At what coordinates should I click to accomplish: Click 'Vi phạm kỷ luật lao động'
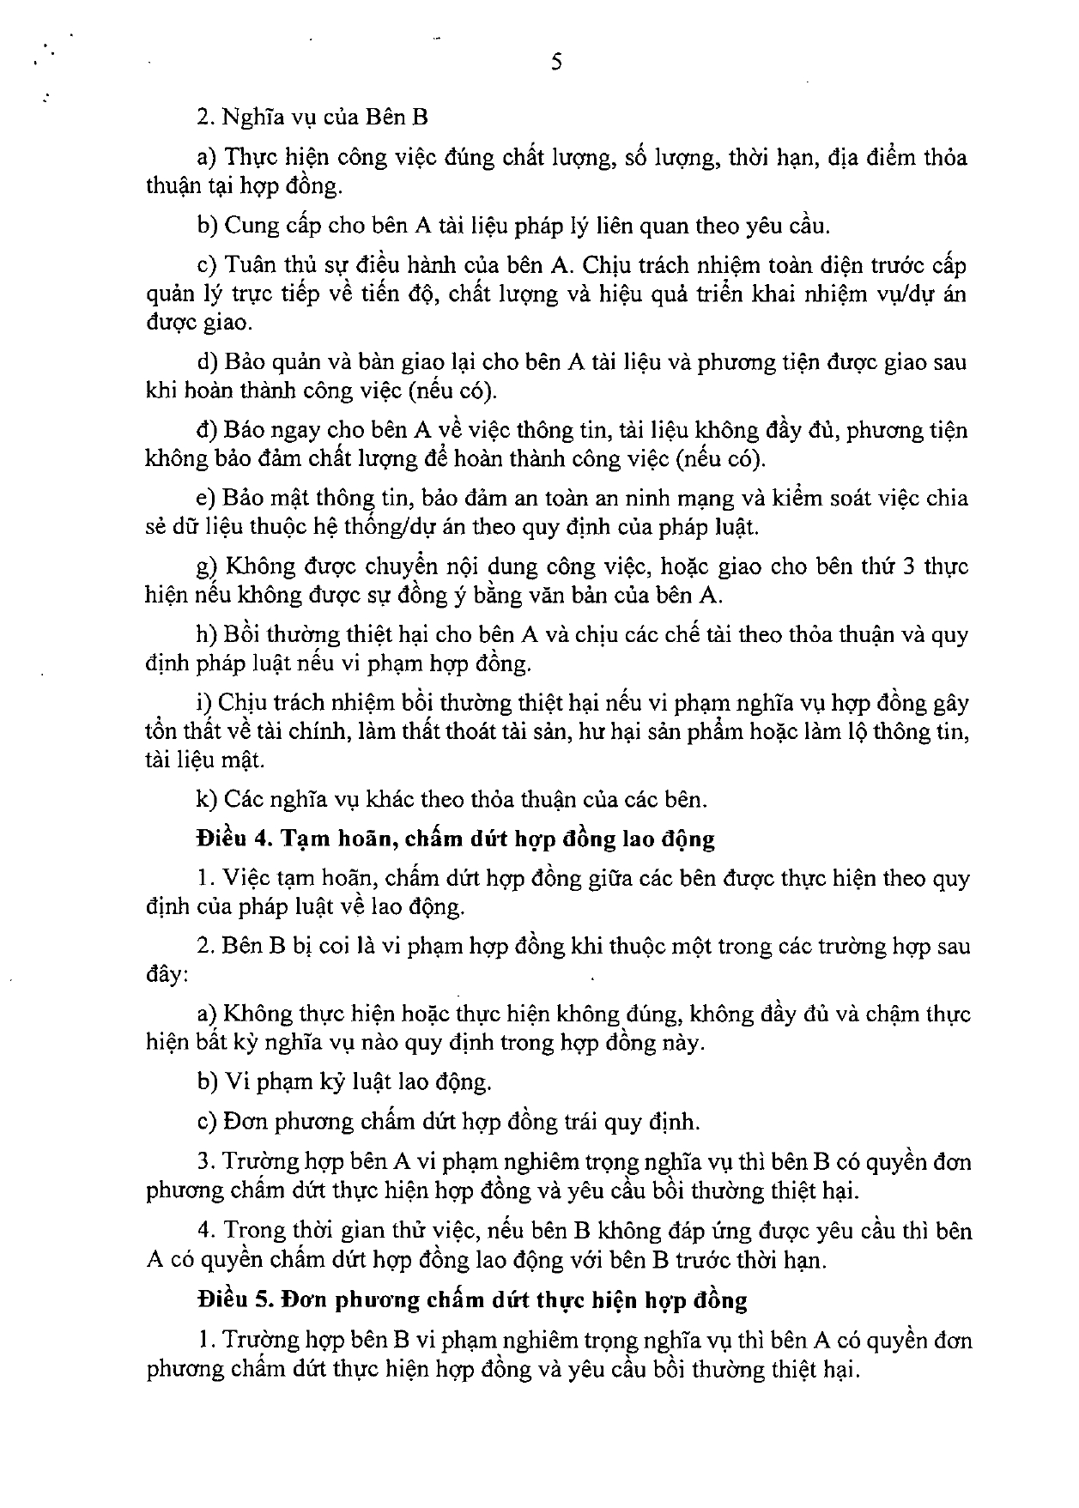(x=357, y=1081)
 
